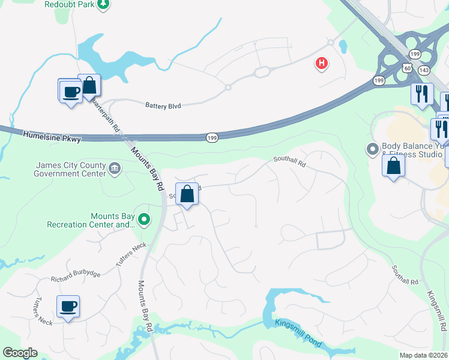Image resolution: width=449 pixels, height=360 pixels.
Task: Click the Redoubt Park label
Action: (x=70, y=4)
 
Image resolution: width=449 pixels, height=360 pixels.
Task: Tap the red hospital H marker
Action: (x=322, y=63)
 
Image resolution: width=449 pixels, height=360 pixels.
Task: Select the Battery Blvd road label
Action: (x=163, y=105)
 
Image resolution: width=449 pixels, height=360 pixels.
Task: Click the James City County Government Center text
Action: (x=71, y=170)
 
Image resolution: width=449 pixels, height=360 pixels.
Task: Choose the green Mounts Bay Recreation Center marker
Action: (x=143, y=220)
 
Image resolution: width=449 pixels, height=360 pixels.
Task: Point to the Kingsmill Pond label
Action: (x=299, y=333)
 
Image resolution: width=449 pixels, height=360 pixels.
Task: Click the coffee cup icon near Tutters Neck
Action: (x=68, y=306)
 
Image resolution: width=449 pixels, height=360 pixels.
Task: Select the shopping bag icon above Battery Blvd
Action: (x=89, y=85)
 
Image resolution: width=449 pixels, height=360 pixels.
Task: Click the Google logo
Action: (x=20, y=353)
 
